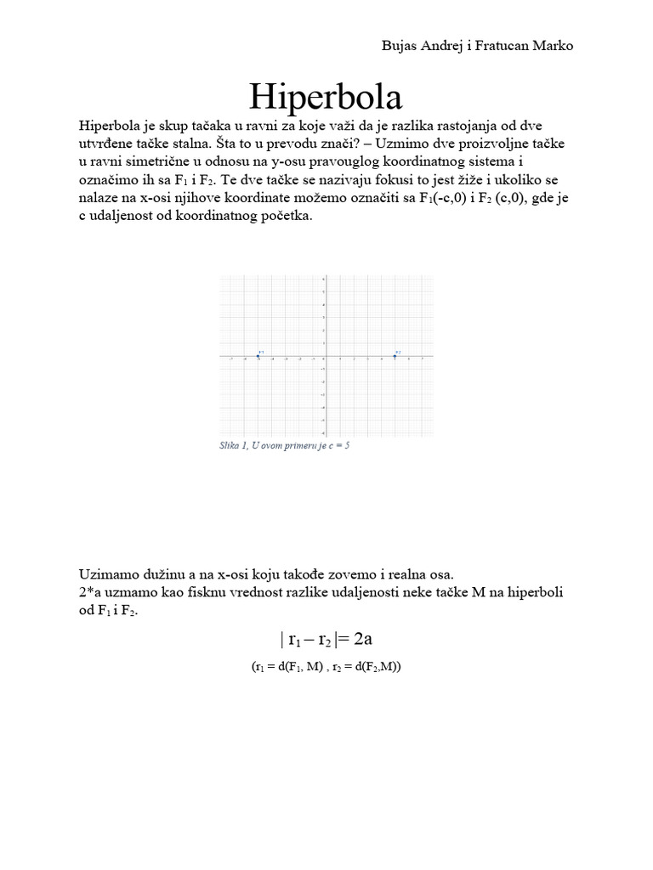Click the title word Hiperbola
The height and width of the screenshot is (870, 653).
click(326, 97)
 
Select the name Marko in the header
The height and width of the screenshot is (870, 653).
click(553, 45)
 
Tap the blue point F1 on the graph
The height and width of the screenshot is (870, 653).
click(258, 356)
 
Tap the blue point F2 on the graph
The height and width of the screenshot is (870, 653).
click(395, 356)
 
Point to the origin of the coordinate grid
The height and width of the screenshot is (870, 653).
click(324, 356)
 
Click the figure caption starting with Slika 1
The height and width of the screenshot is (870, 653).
click(284, 445)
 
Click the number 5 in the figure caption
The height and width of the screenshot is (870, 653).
click(346, 445)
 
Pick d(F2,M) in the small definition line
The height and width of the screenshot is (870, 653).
click(378, 667)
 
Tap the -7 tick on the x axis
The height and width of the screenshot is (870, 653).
click(231, 359)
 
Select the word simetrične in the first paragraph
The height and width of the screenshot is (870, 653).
click(168, 161)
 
